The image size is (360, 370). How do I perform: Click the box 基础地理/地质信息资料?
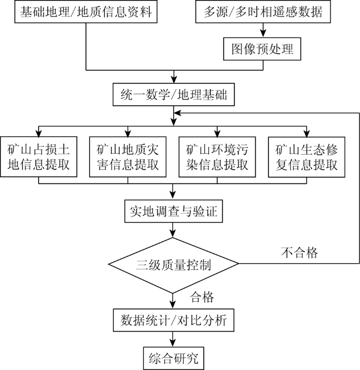click(x=86, y=11)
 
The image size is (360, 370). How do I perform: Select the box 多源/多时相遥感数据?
click(x=263, y=11)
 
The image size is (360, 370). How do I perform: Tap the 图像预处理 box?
click(x=262, y=49)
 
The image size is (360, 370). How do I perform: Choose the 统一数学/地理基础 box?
click(x=174, y=95)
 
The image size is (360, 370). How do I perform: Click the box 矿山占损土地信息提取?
click(x=39, y=157)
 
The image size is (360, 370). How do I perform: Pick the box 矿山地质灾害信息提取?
click(x=128, y=157)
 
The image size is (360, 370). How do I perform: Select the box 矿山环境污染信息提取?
click(x=217, y=157)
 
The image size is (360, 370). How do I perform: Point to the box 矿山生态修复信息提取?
click(x=307, y=157)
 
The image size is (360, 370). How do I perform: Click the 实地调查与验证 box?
click(x=174, y=211)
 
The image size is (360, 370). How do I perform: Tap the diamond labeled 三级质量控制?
click(x=173, y=265)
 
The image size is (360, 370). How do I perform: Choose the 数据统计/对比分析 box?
click(x=174, y=320)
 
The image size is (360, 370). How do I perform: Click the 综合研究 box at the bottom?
click(x=174, y=358)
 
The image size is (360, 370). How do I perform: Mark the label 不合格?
click(x=299, y=252)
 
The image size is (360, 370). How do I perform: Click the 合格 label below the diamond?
click(x=202, y=297)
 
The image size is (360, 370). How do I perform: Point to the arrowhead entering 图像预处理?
click(x=263, y=33)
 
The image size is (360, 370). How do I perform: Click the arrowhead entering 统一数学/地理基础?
click(x=174, y=79)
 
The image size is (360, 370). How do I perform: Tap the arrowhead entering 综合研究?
click(x=173, y=343)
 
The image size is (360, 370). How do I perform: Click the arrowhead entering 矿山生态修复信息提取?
click(x=307, y=133)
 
